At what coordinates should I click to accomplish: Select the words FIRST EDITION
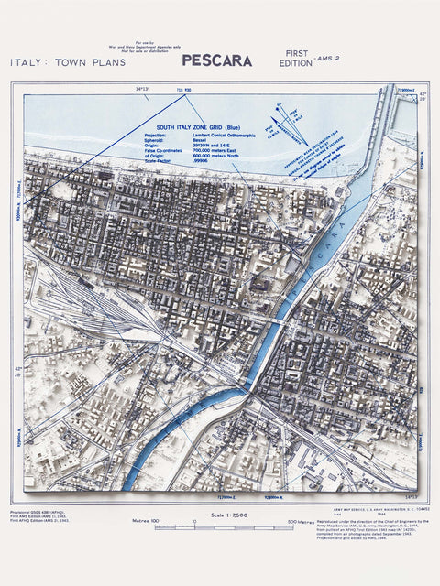[x=294, y=60]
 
